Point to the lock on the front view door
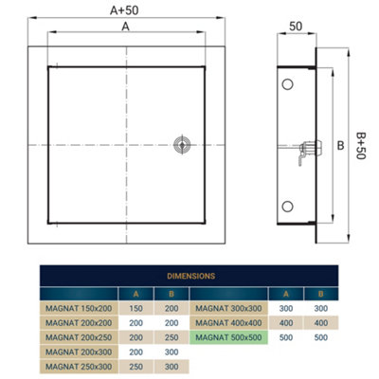click(181, 144)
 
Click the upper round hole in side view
click(286, 86)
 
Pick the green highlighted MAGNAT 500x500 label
click(228, 336)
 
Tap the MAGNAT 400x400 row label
click(228, 322)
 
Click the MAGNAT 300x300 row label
click(228, 308)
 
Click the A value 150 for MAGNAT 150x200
click(136, 308)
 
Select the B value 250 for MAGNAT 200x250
click(171, 336)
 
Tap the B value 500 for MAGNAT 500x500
click(322, 336)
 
